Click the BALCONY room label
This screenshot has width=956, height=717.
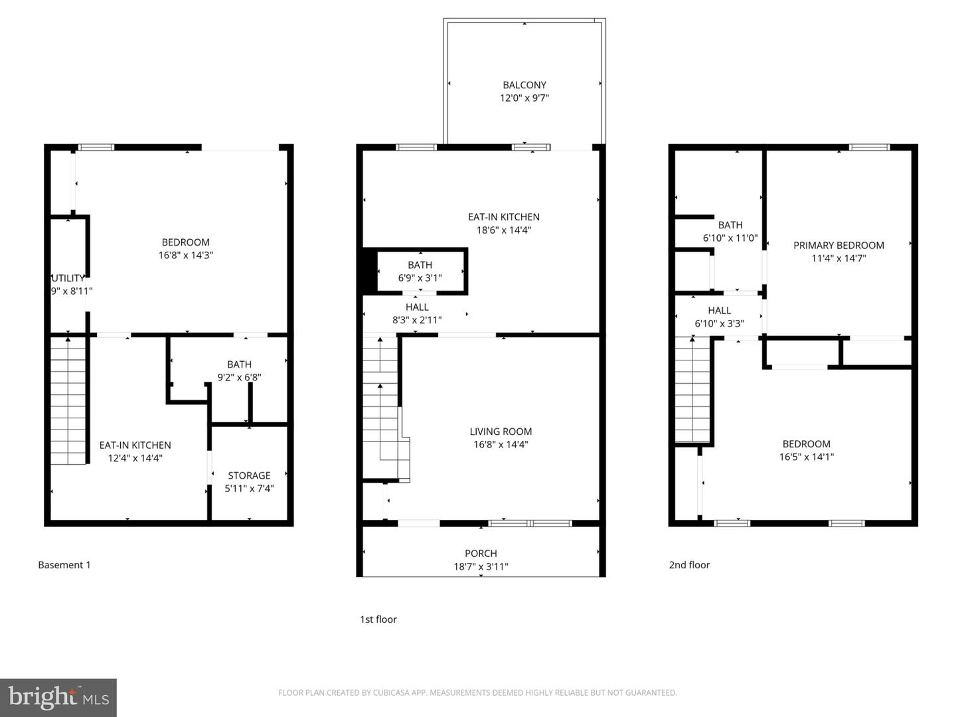(x=524, y=85)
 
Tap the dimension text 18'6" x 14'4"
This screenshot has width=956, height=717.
(x=504, y=230)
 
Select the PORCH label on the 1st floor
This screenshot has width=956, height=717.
(x=481, y=553)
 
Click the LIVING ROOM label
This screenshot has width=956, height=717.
(x=501, y=432)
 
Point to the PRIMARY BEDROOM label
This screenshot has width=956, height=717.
(x=838, y=246)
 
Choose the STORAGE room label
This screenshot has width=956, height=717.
(x=249, y=475)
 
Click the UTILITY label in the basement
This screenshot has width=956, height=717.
(x=68, y=278)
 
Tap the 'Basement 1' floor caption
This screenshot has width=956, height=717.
(x=64, y=565)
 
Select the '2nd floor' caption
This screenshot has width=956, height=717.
(x=689, y=565)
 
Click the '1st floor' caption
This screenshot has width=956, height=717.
(x=378, y=619)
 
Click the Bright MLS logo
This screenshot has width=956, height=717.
(x=58, y=698)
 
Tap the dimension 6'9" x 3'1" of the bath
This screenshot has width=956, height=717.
(x=420, y=278)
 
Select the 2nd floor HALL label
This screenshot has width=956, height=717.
(x=719, y=310)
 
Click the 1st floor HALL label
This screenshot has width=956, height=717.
(x=417, y=307)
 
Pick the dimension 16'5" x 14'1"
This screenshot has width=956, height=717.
(x=806, y=457)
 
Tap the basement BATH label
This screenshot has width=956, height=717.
(x=239, y=364)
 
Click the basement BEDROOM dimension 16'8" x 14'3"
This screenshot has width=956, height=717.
(x=186, y=255)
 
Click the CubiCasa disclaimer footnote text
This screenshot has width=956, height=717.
(x=477, y=692)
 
